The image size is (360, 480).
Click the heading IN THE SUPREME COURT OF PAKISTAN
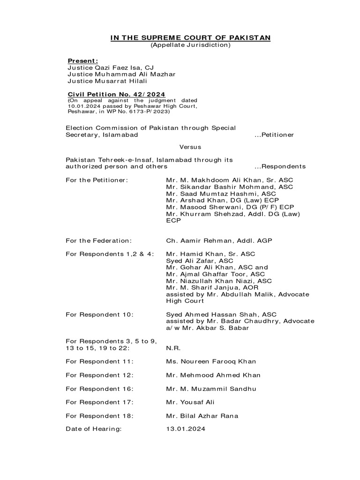[190, 37]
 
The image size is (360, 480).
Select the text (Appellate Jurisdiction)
[190, 45]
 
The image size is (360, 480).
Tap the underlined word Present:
[83, 60]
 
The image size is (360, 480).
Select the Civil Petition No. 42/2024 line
[116, 94]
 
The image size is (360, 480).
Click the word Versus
[190, 147]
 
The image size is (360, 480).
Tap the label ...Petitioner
[274, 135]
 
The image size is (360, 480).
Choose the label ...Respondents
[280, 166]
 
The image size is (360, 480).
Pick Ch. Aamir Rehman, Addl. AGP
[219, 240]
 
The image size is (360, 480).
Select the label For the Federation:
[98, 240]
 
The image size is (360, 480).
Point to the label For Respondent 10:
[99, 315]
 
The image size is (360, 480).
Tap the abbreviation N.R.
[173, 348]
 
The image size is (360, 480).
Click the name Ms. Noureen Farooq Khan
[211, 361]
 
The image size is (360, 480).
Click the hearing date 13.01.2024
[186, 429]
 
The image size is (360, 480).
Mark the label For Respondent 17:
[99, 402]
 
